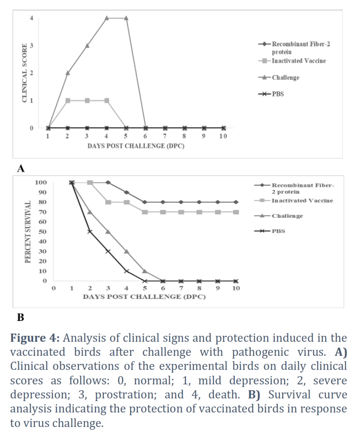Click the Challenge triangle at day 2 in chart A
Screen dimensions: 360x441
(x=68, y=73)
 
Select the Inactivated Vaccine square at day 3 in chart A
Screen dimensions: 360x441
(x=87, y=101)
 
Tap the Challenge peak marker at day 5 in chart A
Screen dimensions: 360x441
(x=126, y=18)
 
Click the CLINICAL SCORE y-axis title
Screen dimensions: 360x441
(x=25, y=73)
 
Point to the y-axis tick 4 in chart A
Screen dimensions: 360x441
(x=31, y=18)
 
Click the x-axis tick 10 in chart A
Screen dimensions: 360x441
(x=223, y=136)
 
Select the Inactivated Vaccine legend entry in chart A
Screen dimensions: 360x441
(x=292, y=61)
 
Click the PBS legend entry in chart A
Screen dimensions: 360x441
(x=271, y=94)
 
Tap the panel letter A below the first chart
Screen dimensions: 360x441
(x=21, y=169)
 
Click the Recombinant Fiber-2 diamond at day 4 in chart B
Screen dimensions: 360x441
(x=126, y=192)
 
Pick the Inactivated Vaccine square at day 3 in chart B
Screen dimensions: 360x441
(x=108, y=202)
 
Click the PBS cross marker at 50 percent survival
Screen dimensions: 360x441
(x=90, y=232)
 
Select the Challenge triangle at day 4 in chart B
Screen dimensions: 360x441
(x=126, y=252)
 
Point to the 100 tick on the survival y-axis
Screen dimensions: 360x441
(x=41, y=182)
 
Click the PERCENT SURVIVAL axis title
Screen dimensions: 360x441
(x=28, y=232)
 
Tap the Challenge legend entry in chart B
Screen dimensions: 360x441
(x=278, y=216)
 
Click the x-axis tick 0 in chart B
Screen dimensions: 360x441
(x=54, y=288)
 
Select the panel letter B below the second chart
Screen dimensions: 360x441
(x=20, y=317)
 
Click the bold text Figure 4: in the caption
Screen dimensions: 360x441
(x=35, y=338)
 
